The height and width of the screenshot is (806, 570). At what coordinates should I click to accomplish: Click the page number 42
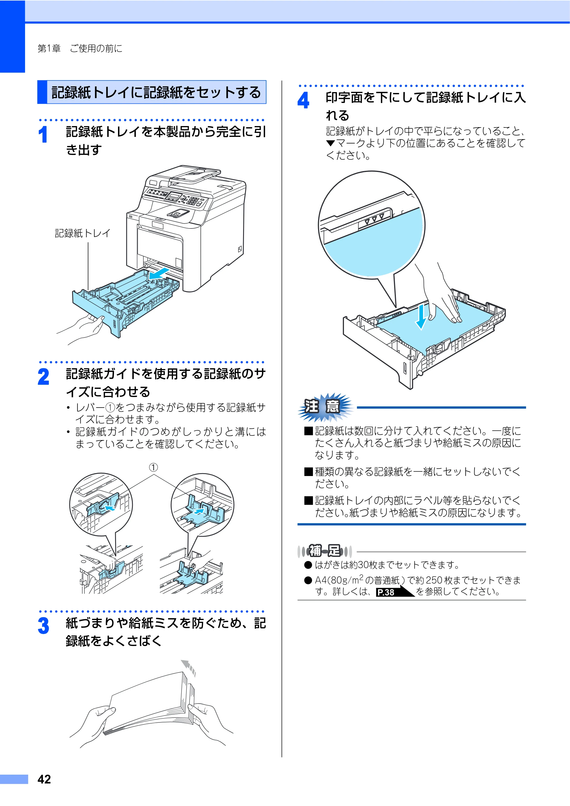coord(44,779)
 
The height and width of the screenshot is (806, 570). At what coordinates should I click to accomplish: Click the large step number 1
coord(43,135)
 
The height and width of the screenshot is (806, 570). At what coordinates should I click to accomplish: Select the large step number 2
coord(44,377)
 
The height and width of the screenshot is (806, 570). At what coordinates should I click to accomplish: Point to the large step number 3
coord(44,626)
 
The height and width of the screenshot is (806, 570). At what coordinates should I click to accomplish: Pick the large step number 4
coord(303,100)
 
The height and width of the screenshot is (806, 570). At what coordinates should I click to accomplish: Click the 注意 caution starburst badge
coord(325,407)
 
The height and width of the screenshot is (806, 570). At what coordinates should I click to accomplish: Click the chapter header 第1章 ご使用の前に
coord(80,48)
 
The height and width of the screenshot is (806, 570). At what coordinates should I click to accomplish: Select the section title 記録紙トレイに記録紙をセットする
coord(156,92)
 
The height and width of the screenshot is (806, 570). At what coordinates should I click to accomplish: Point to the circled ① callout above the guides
coord(153,467)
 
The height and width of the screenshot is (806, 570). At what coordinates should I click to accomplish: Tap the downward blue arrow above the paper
coord(422,316)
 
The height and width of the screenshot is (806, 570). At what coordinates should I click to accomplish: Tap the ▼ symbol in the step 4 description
coord(331,143)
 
